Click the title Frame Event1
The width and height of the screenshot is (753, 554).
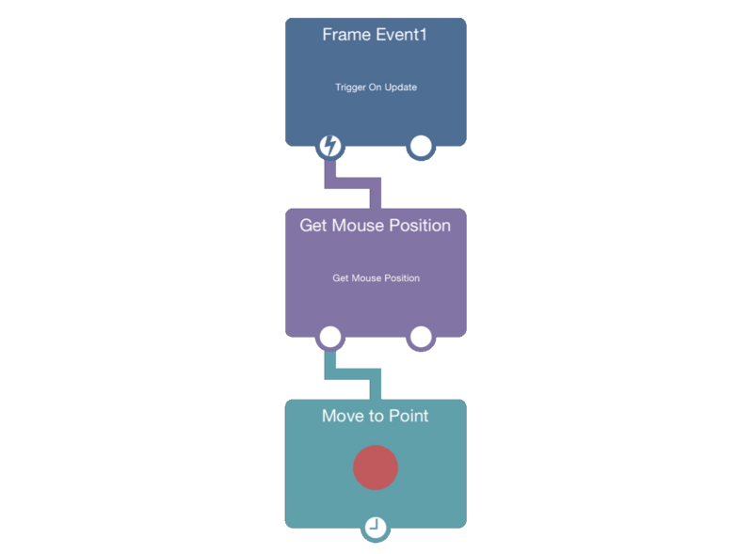(375, 35)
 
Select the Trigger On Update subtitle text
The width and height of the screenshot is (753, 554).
(376, 87)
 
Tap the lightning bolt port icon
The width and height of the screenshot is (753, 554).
(330, 146)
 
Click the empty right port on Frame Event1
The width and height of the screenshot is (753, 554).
(421, 146)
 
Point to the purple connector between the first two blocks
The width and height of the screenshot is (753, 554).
(353, 182)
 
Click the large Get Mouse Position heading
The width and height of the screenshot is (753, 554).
(375, 225)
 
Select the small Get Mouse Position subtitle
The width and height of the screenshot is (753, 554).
(376, 278)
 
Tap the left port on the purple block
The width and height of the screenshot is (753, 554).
(330, 337)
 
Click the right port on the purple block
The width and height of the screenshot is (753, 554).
(421, 337)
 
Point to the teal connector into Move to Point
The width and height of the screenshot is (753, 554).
(353, 374)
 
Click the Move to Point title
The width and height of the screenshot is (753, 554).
(375, 416)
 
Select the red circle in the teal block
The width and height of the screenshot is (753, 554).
(376, 467)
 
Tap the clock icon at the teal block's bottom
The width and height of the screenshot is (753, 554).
(376, 528)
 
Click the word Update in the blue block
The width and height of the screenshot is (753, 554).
(401, 87)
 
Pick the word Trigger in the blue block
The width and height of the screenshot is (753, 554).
(350, 87)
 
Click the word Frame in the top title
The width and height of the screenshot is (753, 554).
(346, 35)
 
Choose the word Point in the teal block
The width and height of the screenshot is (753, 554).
(409, 416)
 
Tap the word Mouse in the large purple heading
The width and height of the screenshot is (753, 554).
(358, 225)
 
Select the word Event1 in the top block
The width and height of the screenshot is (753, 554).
(402, 35)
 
